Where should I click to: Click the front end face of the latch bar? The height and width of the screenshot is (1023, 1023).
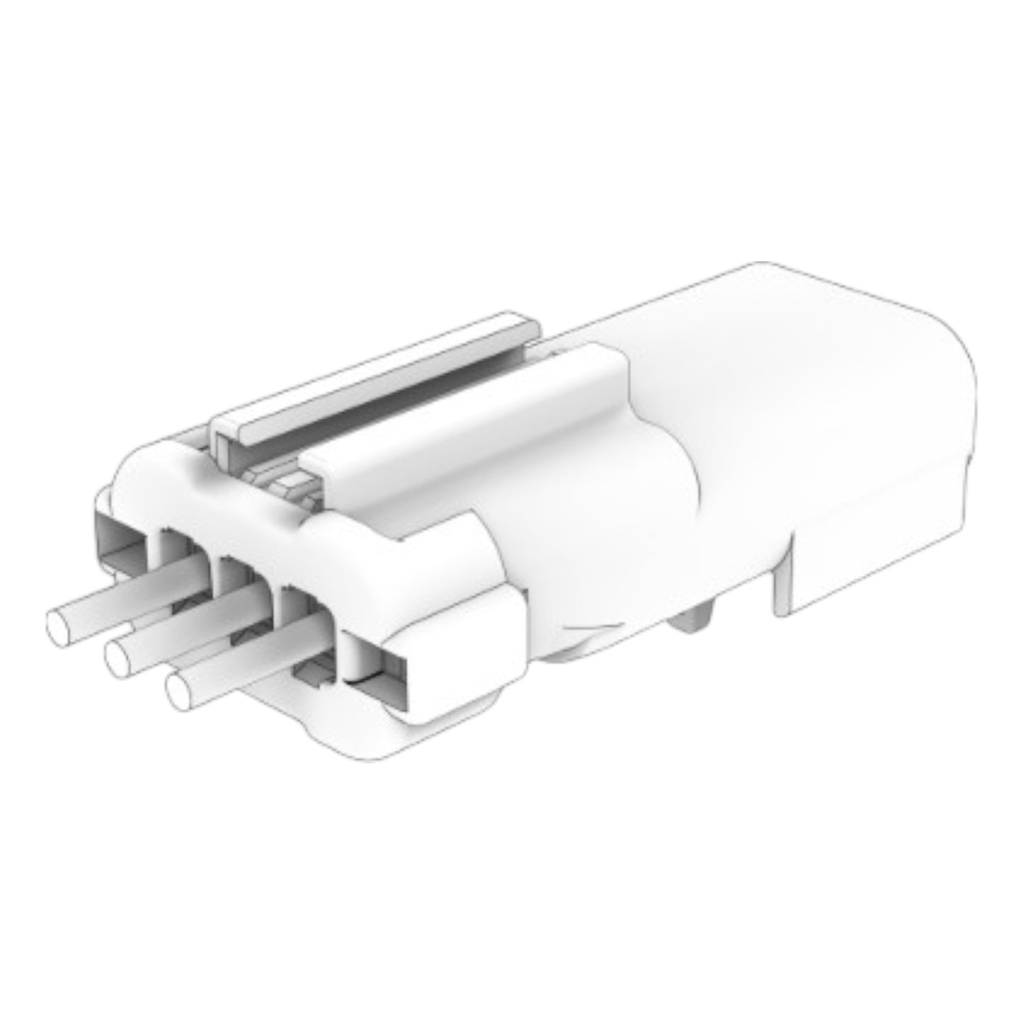click(227, 435)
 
